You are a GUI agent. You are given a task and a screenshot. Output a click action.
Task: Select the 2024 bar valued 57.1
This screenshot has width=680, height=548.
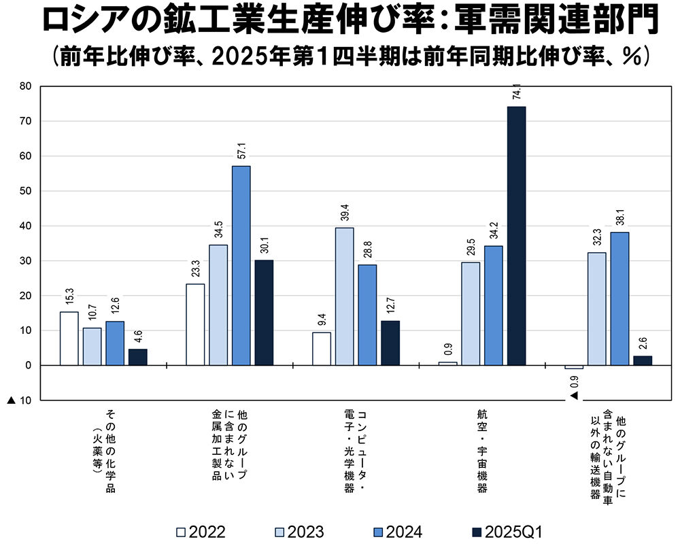coord(241,265)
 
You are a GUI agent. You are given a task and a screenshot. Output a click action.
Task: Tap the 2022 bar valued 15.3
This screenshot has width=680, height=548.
coord(69,338)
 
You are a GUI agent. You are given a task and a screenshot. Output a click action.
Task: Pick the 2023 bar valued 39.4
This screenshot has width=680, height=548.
coord(345,296)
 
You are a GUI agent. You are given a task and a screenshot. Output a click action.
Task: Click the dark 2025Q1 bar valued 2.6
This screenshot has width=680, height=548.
coord(643,360)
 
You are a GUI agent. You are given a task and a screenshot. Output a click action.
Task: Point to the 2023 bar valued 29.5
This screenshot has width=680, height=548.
coord(471,313)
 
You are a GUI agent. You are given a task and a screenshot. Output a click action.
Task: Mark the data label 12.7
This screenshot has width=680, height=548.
coord(390,303)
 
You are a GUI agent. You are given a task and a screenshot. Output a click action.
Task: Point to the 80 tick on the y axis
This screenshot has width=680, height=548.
coord(27,86)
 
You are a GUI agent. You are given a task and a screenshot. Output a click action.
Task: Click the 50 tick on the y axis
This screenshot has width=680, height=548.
coord(27,191)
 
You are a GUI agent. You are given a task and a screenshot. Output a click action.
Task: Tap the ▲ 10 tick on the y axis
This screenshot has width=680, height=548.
coord(20,400)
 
